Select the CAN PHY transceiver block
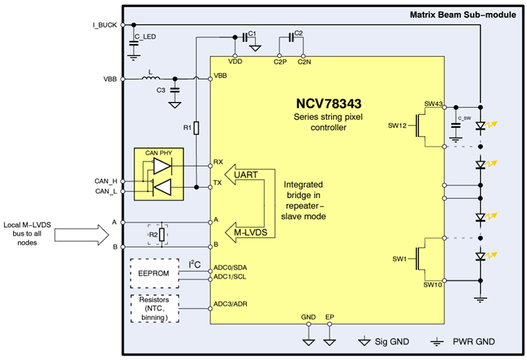(158, 174)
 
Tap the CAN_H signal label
(105, 180)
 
